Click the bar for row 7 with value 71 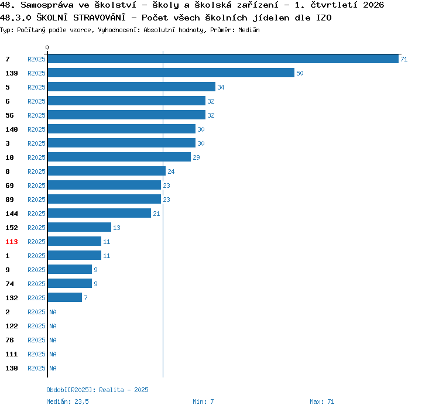tap(223, 59)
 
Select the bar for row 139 tap(171, 73)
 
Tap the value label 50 tap(300, 73)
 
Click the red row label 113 tap(12, 242)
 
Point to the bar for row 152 tap(80, 227)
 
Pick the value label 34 tap(221, 87)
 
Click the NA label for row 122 tap(53, 326)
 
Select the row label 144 tap(12, 214)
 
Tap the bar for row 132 tap(65, 297)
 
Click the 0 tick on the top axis tap(47, 47)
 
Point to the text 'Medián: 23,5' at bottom tap(67, 401)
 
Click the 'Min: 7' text tap(203, 401)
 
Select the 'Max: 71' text tap(322, 401)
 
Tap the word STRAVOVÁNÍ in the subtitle tap(100, 18)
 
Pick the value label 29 tap(196, 157)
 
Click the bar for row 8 tap(107, 171)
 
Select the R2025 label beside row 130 tap(36, 368)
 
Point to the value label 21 tap(156, 214)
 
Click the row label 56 tap(9, 115)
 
